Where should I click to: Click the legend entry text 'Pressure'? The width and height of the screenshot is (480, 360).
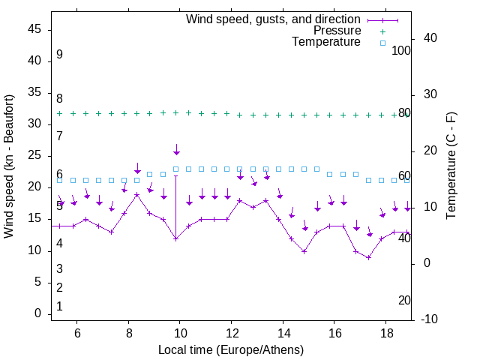tap(337, 31)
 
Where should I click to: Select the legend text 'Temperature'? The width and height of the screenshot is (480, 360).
tap(326, 42)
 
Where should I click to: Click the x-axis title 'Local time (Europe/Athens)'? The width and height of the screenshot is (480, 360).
tap(231, 350)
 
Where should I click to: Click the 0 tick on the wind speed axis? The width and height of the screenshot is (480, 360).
tap(37, 314)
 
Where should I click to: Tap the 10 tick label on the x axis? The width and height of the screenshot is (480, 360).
tap(180, 332)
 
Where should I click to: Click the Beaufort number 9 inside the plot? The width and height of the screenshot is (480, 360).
tap(59, 55)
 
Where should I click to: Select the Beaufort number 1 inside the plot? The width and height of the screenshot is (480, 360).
tap(59, 307)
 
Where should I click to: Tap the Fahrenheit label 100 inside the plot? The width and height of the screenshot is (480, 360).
tap(401, 50)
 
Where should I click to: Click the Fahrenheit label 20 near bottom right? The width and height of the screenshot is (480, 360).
tap(404, 301)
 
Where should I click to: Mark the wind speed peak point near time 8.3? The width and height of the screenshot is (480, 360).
tap(137, 194)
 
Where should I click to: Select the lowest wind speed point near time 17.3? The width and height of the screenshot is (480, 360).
tap(369, 257)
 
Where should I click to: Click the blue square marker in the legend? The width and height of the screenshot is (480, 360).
tap(382, 43)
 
